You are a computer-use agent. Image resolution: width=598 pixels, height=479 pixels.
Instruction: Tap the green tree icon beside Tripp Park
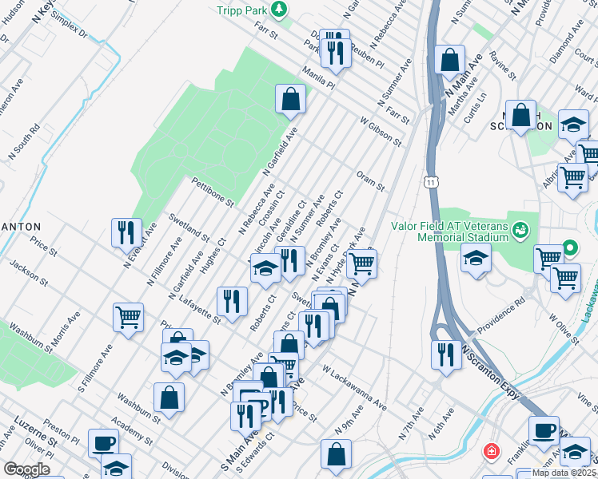tap(279, 10)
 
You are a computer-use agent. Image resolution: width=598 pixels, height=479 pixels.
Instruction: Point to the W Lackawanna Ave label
tap(354, 389)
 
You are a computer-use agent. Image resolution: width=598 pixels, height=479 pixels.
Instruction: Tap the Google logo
tap(26, 469)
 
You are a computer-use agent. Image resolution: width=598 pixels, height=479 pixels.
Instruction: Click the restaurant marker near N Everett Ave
tap(126, 233)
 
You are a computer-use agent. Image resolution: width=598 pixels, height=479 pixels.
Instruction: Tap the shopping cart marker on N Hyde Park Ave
tap(362, 263)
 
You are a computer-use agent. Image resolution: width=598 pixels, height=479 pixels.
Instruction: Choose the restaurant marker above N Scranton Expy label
tap(445, 354)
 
